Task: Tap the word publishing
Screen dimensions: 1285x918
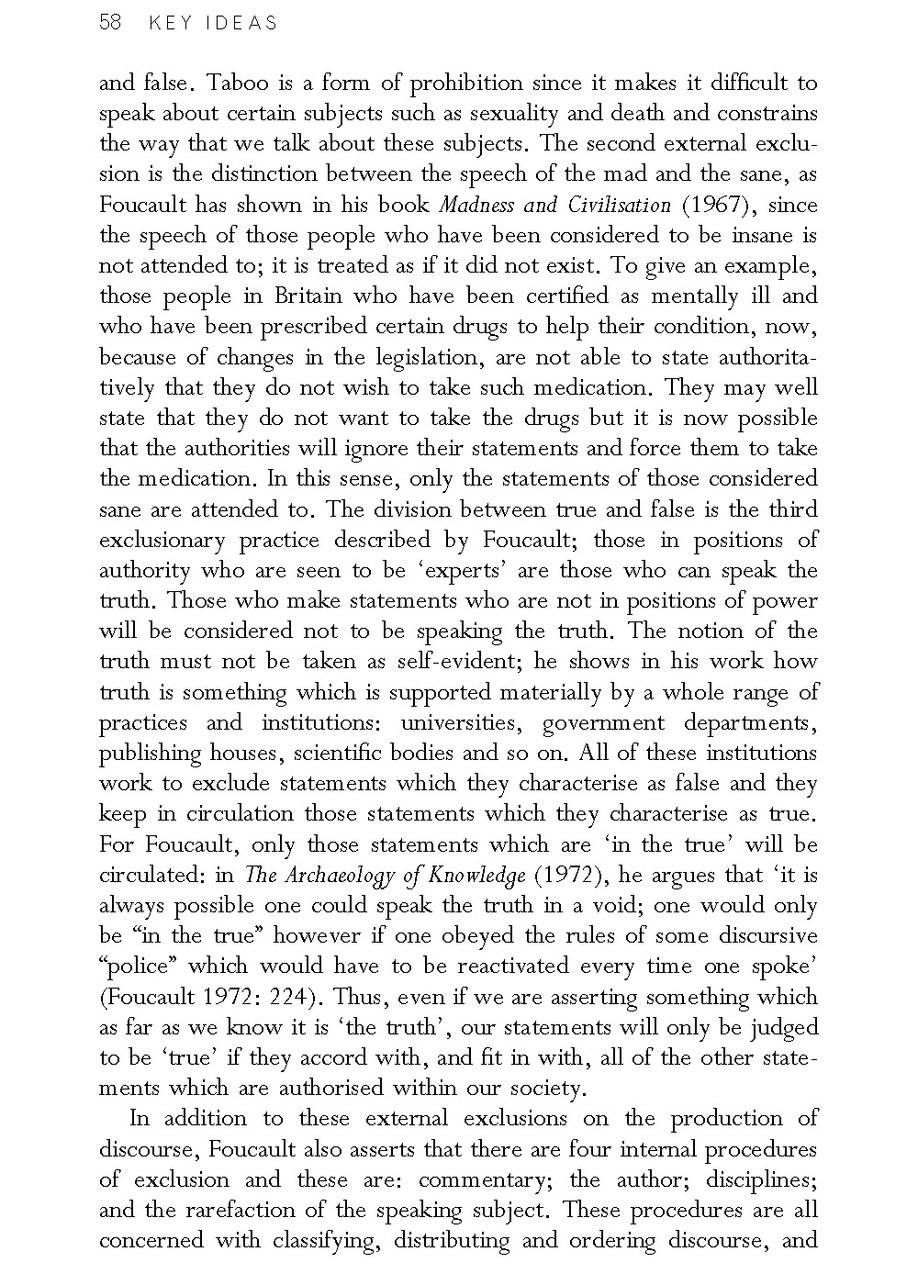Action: [x=150, y=754]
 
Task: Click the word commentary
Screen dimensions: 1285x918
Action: [x=484, y=1179]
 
